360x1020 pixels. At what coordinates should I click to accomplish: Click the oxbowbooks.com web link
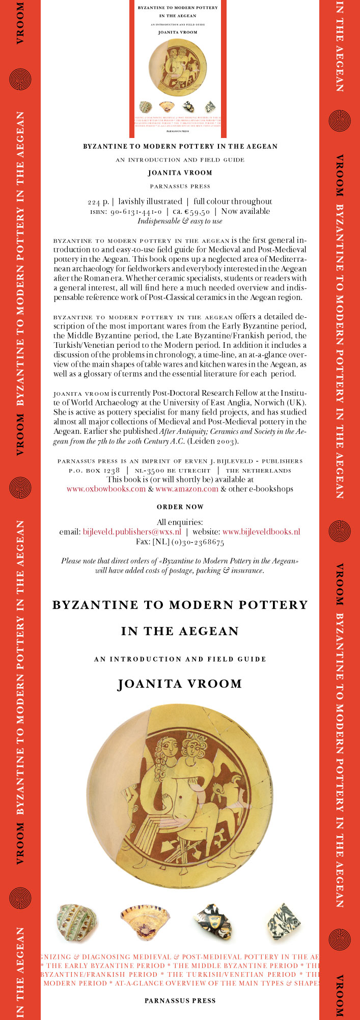(x=106, y=489)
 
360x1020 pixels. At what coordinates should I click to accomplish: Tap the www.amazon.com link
(x=187, y=489)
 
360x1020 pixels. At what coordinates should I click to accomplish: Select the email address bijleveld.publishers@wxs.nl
(x=132, y=532)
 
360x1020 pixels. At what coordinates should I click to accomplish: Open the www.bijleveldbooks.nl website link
(x=261, y=532)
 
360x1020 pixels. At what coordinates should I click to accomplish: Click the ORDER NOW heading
(x=180, y=507)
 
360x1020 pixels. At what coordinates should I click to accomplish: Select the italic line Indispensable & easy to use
(x=180, y=221)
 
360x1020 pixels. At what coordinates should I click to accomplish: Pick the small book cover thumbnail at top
(x=178, y=69)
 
